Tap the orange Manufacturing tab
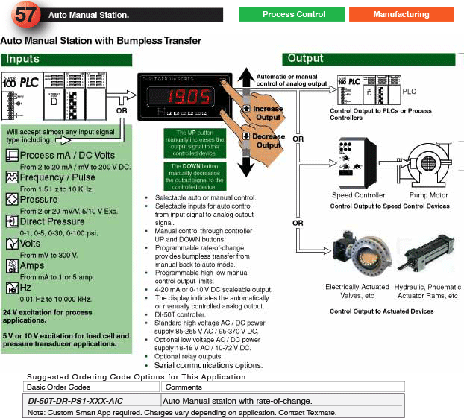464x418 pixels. pos(401,14)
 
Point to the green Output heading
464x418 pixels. pos(305,59)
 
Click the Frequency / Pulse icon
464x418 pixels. pos(12,177)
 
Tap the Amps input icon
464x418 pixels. pos(12,266)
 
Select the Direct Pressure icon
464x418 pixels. pos(12,221)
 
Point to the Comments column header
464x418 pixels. pos(184,387)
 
